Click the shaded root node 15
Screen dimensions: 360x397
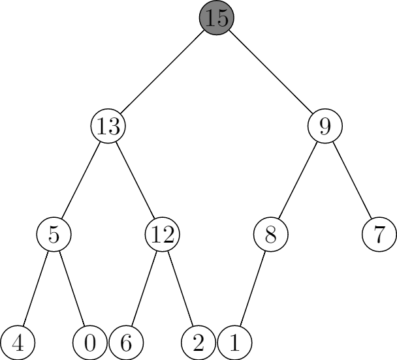[x=217, y=17]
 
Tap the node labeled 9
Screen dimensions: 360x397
[x=325, y=125]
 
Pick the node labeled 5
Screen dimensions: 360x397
[x=54, y=233]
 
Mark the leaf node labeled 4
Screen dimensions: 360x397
[x=18, y=342]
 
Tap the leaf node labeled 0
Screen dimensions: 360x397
[x=90, y=342]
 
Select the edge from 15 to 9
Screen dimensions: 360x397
[x=271, y=71]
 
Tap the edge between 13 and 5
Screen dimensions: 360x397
[x=81, y=179]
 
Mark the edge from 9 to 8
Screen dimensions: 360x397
[x=298, y=179]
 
